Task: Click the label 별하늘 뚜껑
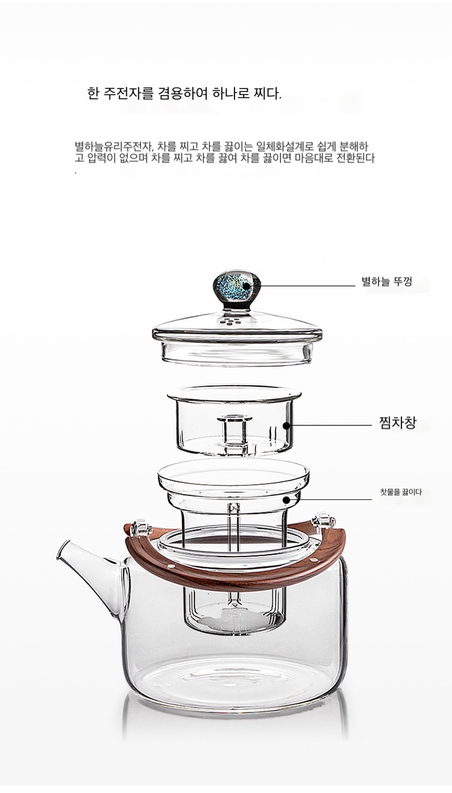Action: click(387, 282)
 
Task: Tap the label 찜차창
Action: click(397, 424)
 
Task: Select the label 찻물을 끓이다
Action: click(401, 492)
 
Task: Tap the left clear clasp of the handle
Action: click(139, 526)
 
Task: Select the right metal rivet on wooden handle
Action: click(313, 559)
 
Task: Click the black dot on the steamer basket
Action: click(286, 425)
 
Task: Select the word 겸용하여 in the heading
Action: click(183, 93)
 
